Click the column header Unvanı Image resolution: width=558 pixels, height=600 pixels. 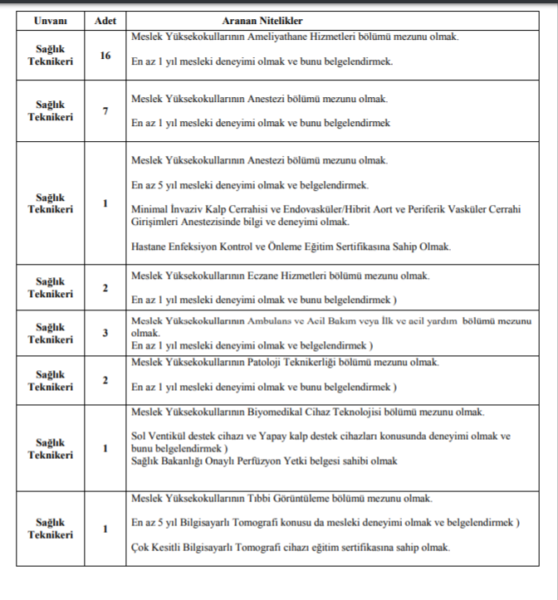click(x=50, y=20)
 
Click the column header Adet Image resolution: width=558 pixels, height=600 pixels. click(x=105, y=20)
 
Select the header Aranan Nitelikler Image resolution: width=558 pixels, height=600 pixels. click(x=262, y=20)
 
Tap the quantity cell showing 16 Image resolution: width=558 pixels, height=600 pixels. click(x=105, y=56)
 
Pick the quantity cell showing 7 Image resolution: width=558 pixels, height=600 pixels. click(x=105, y=111)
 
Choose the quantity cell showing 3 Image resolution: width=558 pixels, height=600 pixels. click(x=105, y=333)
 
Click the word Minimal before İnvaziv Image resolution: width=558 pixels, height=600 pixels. click(x=149, y=209)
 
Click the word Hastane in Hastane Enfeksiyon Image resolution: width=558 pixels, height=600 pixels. click(x=150, y=246)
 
